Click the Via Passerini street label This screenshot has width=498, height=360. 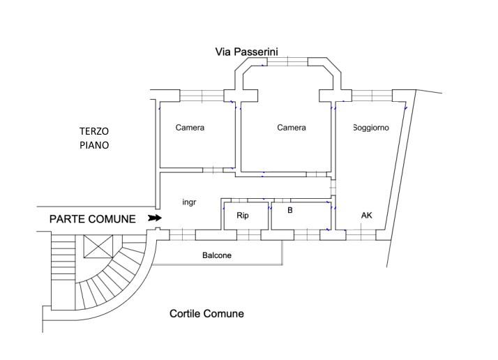(246, 52)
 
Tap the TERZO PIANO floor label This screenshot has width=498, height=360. (94, 138)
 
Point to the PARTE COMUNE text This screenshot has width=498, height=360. (93, 219)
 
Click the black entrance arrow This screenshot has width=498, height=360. (155, 218)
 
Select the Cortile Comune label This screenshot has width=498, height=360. (206, 314)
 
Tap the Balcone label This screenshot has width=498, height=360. (217, 255)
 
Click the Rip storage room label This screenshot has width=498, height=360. (243, 216)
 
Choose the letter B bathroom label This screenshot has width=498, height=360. (290, 210)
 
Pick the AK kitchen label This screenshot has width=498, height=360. (366, 216)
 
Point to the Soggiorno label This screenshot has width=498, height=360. (371, 128)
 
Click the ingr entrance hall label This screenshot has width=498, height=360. (189, 202)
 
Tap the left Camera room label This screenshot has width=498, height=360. (190, 128)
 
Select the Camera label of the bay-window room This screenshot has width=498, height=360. (292, 128)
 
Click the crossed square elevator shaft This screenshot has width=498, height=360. (98, 246)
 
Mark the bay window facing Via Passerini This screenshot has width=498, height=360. (287, 61)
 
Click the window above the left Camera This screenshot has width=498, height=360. (202, 96)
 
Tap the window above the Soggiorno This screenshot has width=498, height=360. (372, 96)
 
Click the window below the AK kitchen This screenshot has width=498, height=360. (361, 235)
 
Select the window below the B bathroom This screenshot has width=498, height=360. (307, 235)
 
